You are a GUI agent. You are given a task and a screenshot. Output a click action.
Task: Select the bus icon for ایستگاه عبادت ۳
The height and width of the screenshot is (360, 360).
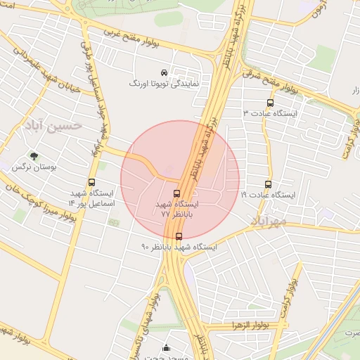coord(271,103)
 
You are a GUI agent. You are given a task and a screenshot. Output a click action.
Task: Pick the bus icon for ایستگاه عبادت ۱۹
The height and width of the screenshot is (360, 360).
coord(268,185)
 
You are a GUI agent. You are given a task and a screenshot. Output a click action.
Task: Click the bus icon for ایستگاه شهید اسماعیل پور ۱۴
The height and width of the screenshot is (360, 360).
coord(91,182)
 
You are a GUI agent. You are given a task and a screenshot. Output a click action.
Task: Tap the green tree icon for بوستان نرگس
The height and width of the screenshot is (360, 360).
coord(33,156)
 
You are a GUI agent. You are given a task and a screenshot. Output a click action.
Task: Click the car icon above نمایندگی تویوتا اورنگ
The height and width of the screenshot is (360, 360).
coord(164,72)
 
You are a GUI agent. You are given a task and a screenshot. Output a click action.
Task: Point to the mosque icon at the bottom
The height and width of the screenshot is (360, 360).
coord(166,347)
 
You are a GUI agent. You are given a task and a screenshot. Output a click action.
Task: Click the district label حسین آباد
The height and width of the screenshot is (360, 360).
coord(53,125)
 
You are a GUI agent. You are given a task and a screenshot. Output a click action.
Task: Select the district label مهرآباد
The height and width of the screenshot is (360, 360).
coord(268,221)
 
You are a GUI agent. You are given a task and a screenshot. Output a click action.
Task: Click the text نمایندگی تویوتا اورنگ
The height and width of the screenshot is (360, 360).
coord(164,83)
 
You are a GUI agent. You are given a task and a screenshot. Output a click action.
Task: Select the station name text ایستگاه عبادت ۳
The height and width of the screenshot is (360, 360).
coord(271,113)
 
